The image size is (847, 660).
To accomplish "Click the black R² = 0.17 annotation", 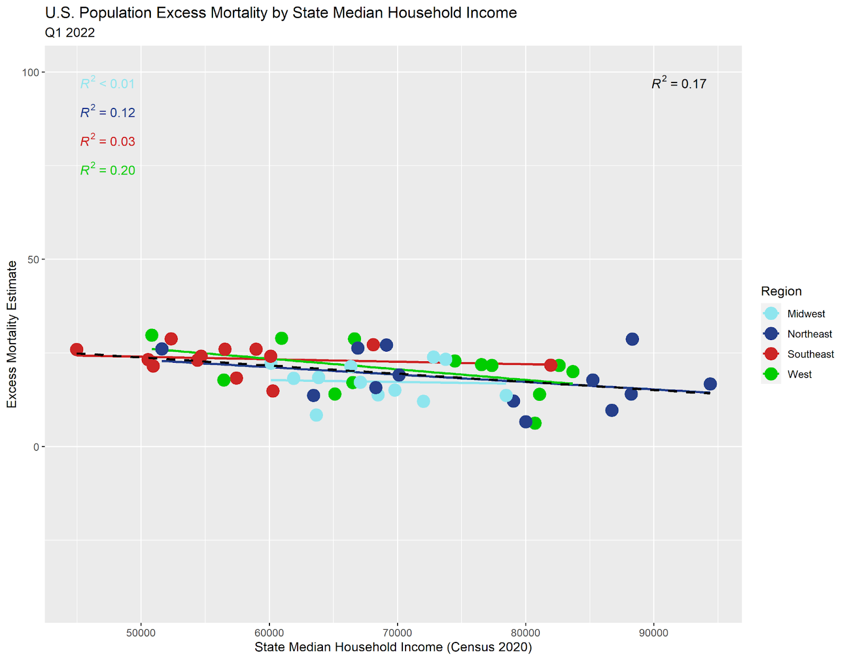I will pos(679,84).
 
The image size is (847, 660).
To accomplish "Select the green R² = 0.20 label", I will pos(107,170).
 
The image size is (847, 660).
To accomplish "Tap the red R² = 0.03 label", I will pos(107,142).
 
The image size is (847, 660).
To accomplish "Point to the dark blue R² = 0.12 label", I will pos(107,113).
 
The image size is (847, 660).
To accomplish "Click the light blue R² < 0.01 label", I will pos(107,84).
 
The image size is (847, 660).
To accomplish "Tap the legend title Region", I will pos(781,291).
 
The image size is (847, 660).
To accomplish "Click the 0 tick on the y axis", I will pos(36,447).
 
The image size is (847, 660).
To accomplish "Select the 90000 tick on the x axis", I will pos(653,633).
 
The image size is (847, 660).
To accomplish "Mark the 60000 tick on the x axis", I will pos(269,633).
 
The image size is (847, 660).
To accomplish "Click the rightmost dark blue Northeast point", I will pos(710,384).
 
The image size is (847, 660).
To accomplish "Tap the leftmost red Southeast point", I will pos(77,350).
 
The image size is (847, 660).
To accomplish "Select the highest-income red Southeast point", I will pos(551,365).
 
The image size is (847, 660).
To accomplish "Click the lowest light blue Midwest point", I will pos(316,415).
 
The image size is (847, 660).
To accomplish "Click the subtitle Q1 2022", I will pos(70,33).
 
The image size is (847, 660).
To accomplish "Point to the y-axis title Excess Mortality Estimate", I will pos(12,334).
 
